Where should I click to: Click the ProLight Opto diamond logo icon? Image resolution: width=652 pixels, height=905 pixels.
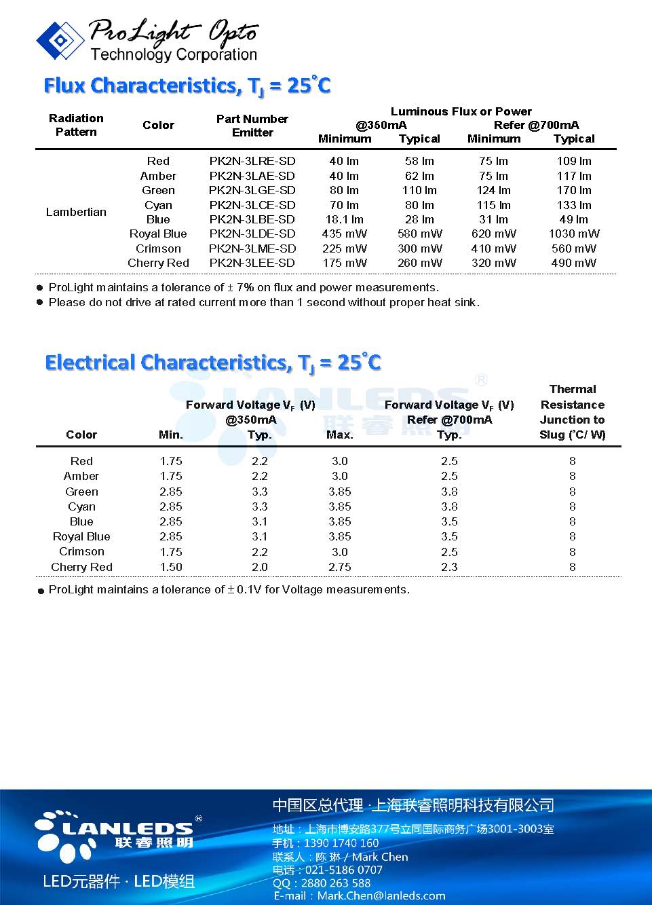click(x=60, y=40)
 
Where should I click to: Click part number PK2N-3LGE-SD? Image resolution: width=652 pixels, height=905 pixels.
click(x=252, y=190)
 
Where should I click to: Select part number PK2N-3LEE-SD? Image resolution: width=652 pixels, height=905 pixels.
click(x=252, y=263)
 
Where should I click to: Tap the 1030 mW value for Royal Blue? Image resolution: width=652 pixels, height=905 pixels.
click(x=574, y=234)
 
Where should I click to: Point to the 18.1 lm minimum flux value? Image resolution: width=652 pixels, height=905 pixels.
click(x=344, y=219)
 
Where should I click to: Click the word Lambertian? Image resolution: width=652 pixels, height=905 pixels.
click(x=76, y=212)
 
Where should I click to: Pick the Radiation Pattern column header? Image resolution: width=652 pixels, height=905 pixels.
click(x=76, y=125)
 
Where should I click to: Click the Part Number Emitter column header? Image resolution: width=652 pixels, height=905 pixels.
click(x=252, y=126)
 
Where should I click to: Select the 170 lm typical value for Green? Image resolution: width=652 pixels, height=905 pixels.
click(x=574, y=190)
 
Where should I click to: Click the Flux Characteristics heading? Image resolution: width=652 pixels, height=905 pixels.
click(x=187, y=86)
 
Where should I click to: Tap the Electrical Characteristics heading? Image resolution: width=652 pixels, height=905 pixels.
click(x=212, y=363)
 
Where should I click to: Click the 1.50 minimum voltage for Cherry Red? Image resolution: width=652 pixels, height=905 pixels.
click(x=171, y=567)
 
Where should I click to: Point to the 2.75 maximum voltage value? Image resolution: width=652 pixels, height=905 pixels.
click(x=339, y=567)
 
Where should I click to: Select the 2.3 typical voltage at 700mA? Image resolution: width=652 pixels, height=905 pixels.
click(x=449, y=567)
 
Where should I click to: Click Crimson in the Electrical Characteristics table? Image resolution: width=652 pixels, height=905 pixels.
click(x=81, y=551)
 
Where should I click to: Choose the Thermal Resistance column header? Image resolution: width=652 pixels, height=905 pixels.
click(x=573, y=412)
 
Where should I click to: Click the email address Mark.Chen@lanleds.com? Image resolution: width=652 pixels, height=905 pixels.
click(x=381, y=896)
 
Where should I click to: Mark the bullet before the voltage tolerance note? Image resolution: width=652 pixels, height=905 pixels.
click(x=41, y=591)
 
